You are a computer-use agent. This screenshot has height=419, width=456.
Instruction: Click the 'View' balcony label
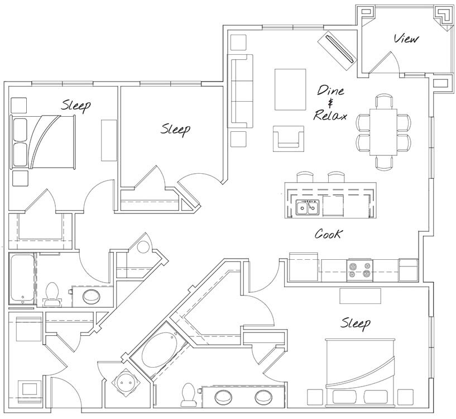406,39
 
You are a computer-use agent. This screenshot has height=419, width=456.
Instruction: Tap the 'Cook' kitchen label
328,234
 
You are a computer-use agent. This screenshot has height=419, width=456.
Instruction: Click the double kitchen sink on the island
307,208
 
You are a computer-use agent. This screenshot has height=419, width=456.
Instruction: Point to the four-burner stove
359,270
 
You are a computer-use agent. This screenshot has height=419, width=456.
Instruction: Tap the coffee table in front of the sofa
290,89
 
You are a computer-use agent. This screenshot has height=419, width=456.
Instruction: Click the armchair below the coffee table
289,138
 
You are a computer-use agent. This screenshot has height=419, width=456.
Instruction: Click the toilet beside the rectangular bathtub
52,293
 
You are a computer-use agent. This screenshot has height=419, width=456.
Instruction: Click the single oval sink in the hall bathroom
91,296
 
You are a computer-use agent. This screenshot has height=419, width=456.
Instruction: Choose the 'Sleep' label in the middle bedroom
176,129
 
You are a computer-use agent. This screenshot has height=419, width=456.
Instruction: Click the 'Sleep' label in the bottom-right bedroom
356,323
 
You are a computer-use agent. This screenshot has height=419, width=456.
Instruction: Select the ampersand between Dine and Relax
330,103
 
